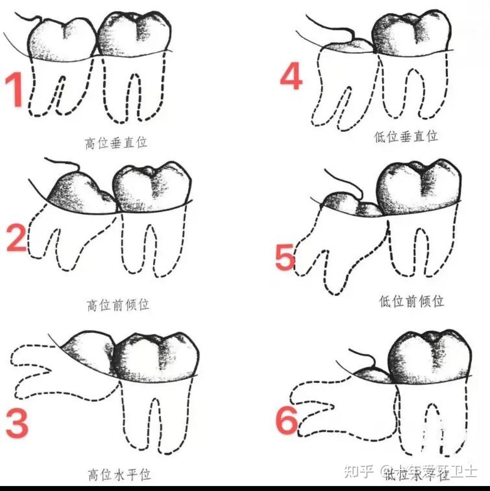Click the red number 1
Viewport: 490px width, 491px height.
tap(15, 90)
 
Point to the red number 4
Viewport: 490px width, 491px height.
tap(291, 76)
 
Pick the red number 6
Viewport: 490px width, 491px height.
tap(287, 420)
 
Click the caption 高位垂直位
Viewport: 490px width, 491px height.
tap(116, 143)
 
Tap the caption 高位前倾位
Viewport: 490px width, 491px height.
tap(118, 305)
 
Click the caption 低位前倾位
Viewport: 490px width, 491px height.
tap(411, 301)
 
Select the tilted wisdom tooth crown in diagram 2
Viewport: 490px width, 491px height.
tap(80, 193)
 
